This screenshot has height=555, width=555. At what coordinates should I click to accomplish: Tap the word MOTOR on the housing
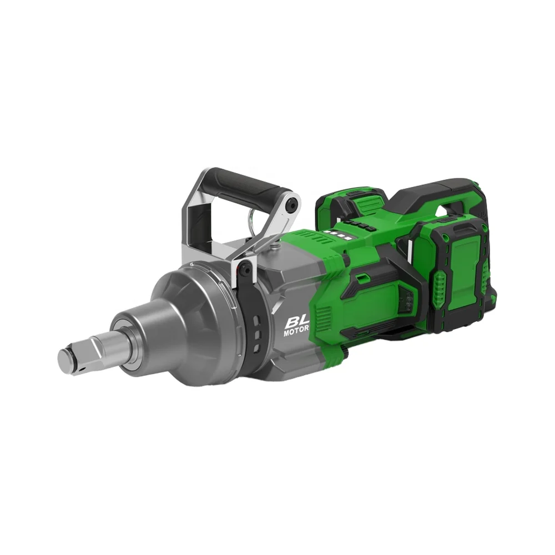coord(296,334)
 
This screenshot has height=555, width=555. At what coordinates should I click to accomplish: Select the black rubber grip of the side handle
coord(244,185)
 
